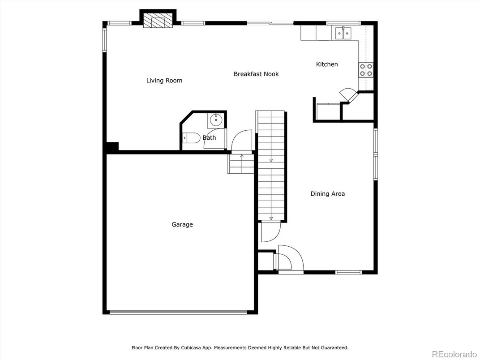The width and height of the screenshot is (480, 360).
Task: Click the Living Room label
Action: point(164,81)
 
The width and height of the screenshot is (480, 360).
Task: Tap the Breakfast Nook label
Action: point(256,74)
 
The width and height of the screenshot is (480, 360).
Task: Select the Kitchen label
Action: point(327,64)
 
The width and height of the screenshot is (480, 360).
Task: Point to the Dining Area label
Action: point(328,194)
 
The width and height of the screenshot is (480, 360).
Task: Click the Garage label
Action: point(182,224)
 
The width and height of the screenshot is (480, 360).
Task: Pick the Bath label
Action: point(210,138)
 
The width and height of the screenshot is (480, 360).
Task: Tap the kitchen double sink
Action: point(343,33)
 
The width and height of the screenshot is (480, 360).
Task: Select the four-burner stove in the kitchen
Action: point(366,69)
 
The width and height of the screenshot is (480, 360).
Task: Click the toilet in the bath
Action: point(190,138)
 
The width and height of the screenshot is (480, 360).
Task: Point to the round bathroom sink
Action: point(216,120)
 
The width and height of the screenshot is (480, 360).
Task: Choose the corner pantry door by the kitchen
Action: point(348,94)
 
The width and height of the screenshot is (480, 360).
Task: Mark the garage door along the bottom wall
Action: point(178,312)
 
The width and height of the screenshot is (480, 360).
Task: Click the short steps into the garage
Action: point(241,164)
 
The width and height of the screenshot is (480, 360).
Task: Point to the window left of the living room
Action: point(104,40)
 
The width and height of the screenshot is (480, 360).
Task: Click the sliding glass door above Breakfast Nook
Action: point(270,23)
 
